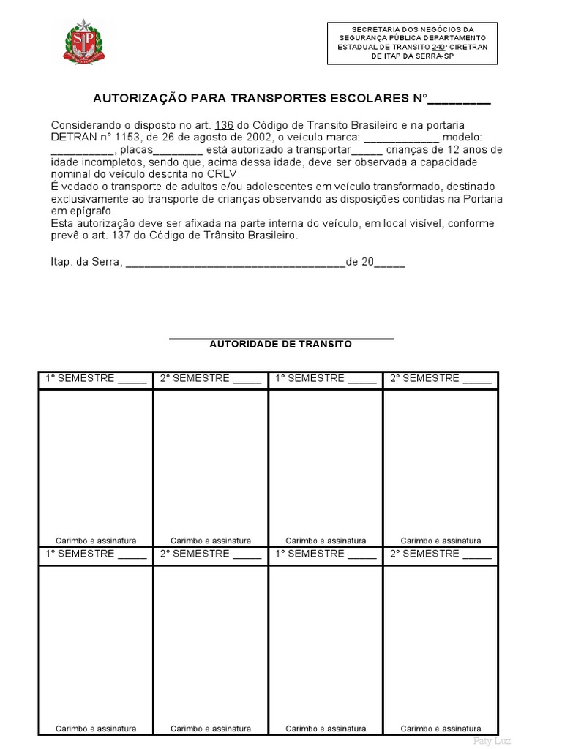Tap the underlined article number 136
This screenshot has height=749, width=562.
point(224,125)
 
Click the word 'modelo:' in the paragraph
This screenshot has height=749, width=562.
point(462,138)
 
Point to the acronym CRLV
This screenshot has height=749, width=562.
point(223,174)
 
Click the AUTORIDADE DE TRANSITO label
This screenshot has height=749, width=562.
point(281,344)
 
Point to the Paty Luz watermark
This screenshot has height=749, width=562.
point(492,741)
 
